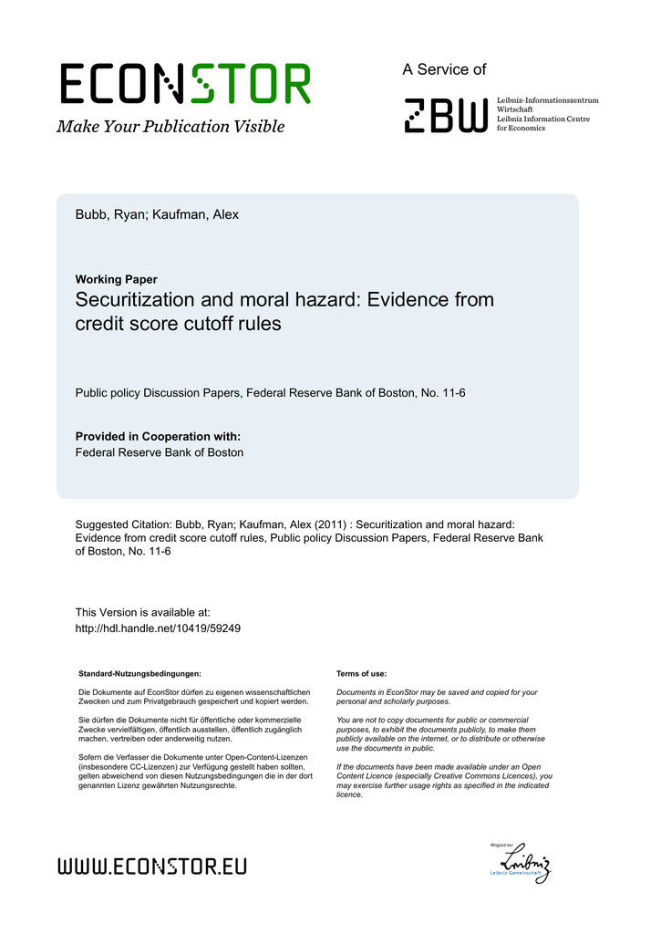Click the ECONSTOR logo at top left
click(185, 84)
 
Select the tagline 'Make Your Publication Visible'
click(170, 127)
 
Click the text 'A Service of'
click(444, 69)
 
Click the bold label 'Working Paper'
click(116, 280)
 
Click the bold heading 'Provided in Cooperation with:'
click(158, 437)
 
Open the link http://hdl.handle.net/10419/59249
click(158, 628)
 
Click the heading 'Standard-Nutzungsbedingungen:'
click(139, 673)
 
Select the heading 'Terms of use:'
click(361, 673)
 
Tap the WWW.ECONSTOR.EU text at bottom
click(152, 866)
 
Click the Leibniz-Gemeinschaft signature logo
click(520, 862)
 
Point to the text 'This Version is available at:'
click(142, 613)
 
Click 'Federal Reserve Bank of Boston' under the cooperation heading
click(159, 452)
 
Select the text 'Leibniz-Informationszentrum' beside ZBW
click(547, 99)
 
